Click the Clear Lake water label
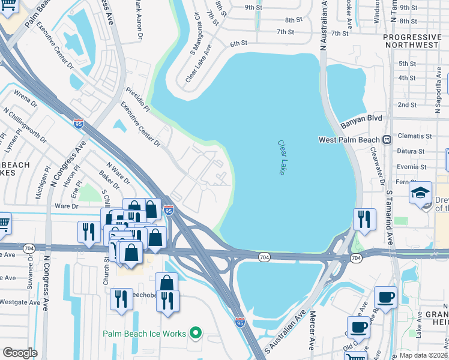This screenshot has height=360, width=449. [x=282, y=158]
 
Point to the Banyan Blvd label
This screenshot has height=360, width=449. [x=361, y=119]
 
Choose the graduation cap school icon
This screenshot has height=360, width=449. [x=421, y=193]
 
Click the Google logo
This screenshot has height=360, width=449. [x=20, y=352]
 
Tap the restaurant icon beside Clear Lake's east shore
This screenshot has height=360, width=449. [x=364, y=220]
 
